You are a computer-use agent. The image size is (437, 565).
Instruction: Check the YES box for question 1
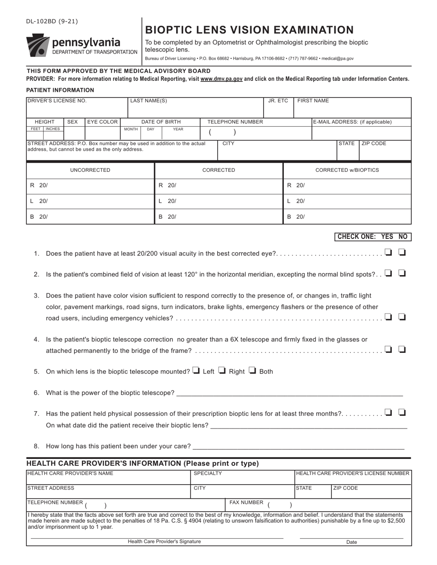point(388,252)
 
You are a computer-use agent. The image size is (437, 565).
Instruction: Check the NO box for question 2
point(402,273)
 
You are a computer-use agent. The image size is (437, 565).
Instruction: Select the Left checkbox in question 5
point(196,371)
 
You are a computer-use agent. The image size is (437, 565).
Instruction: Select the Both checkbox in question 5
point(253,371)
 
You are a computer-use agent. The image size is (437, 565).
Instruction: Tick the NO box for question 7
point(402,412)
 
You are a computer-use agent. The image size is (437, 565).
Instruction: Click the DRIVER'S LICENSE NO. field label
point(57,101)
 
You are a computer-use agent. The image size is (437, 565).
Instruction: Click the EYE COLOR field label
point(103,122)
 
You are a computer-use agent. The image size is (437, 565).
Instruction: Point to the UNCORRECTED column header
point(90,170)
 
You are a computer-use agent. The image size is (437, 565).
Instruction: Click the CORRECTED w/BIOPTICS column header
point(347,170)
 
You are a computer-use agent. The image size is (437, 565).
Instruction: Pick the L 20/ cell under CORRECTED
point(218,201)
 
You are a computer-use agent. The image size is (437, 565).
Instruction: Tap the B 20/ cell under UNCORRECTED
point(90,217)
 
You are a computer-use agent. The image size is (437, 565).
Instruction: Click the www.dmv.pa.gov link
point(221,79)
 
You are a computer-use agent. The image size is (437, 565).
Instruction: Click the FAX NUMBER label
point(246,503)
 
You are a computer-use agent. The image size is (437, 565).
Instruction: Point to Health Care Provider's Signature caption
point(164,542)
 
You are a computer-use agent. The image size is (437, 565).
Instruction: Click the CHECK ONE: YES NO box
point(372,237)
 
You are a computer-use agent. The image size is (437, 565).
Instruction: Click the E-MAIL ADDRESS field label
point(352,122)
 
